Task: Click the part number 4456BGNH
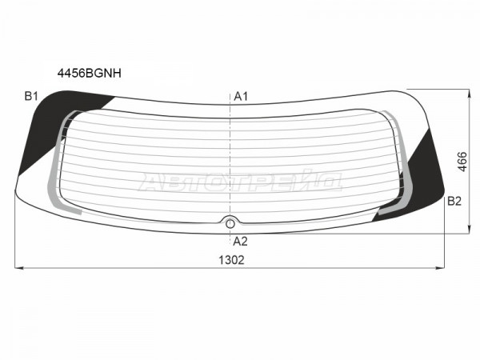point(90,73)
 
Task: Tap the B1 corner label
point(31,97)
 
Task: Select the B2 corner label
point(454,201)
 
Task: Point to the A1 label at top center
point(241,97)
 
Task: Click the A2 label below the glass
point(240,242)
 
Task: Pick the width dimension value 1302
point(231,260)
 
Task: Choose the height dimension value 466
point(462,162)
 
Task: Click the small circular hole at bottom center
point(230,224)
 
